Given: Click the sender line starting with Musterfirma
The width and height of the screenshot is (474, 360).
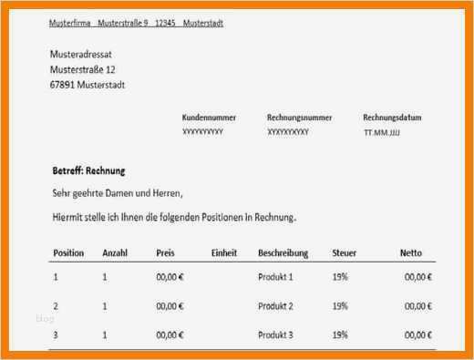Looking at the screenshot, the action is click(x=136, y=23).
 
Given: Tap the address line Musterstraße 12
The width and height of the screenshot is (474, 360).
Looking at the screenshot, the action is click(x=82, y=69).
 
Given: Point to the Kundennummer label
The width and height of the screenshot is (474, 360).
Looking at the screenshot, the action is click(x=210, y=118).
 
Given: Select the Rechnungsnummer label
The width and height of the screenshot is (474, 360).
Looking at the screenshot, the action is click(x=299, y=118).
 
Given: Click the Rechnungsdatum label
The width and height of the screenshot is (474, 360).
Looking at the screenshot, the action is click(x=392, y=118).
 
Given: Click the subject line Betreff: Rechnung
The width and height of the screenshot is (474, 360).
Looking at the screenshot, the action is click(x=88, y=170).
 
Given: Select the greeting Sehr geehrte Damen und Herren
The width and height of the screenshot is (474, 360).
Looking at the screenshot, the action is click(x=117, y=192).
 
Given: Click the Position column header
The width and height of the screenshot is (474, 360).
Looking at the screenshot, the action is click(x=68, y=252).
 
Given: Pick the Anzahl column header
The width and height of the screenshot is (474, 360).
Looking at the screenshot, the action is click(x=115, y=252).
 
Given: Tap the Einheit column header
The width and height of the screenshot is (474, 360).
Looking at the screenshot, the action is click(x=224, y=252).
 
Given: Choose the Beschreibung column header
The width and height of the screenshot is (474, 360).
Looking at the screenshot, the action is click(x=283, y=252).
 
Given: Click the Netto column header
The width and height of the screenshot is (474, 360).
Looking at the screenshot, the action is click(x=410, y=252).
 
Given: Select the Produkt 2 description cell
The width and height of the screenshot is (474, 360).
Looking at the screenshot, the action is click(x=276, y=306).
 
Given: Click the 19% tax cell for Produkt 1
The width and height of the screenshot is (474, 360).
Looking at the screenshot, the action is click(x=340, y=276).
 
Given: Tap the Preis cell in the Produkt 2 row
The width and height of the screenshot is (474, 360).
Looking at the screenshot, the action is click(x=170, y=306).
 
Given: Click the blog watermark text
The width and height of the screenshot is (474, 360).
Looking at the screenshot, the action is click(x=46, y=319).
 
